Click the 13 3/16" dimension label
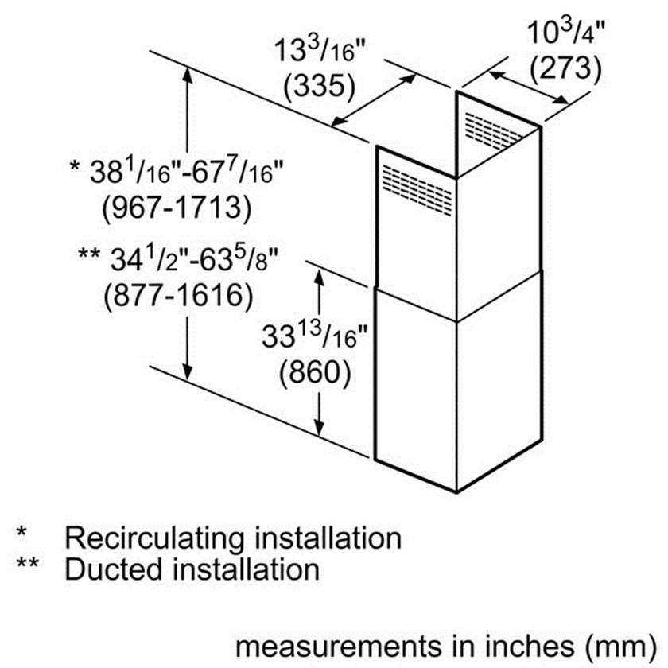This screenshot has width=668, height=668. (320, 50)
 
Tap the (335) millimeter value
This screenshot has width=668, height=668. (320, 87)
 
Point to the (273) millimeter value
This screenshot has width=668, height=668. (565, 68)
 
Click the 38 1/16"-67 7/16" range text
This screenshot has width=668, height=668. (177, 171)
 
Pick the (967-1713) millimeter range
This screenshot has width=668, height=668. (177, 208)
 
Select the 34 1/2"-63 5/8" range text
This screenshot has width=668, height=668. (178, 259)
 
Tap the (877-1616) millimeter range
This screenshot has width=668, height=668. (178, 295)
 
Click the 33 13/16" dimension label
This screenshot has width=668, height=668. (314, 335)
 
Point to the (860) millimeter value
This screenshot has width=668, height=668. (315, 373)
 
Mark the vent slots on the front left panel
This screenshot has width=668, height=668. (417, 190)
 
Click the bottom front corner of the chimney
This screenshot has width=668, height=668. (456, 493)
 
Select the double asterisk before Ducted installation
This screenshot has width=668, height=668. (28, 563)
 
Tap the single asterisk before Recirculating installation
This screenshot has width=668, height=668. (21, 533)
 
